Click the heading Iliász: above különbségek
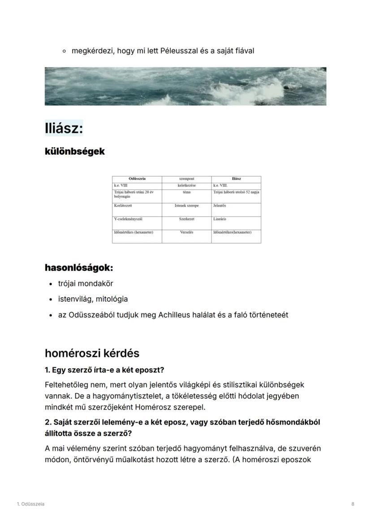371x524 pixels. pos(64,129)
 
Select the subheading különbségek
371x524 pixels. pos(74,152)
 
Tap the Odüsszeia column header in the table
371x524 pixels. pos(137,179)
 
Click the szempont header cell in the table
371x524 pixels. pos(186,179)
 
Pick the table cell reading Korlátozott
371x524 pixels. pos(123,206)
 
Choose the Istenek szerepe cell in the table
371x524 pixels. pos(186,206)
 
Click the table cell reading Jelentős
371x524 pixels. pos(220,206)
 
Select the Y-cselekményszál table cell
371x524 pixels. pos(128,219)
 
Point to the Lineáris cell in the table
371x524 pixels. pos(220,219)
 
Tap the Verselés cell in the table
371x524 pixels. pos(186,233)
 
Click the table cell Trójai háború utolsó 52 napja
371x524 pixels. pos(236,192)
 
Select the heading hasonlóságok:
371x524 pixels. pos(78,268)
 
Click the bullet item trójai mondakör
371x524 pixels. pos(86,284)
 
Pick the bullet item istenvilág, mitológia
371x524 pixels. pos(93,299)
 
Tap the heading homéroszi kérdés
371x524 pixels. pos(92,353)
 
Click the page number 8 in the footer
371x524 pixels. pos(353,504)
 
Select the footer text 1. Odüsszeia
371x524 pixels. pos(30,504)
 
